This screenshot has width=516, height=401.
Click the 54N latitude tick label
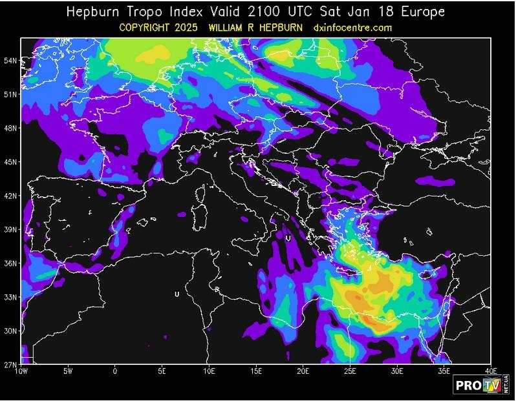pyautogui.click(x=9, y=61)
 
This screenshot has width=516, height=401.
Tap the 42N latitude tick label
pyautogui.click(x=9, y=196)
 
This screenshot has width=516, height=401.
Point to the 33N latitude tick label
pyautogui.click(x=9, y=297)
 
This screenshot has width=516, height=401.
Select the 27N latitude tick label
pyautogui.click(x=9, y=365)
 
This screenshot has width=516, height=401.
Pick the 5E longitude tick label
pyautogui.click(x=162, y=371)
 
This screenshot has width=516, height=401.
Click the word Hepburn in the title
pyautogui.click(x=96, y=12)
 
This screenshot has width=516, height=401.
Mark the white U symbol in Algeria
pyautogui.click(x=177, y=294)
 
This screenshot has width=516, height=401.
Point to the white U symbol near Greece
pyautogui.click(x=288, y=238)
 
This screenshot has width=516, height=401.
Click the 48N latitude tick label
pyautogui.click(x=9, y=128)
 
